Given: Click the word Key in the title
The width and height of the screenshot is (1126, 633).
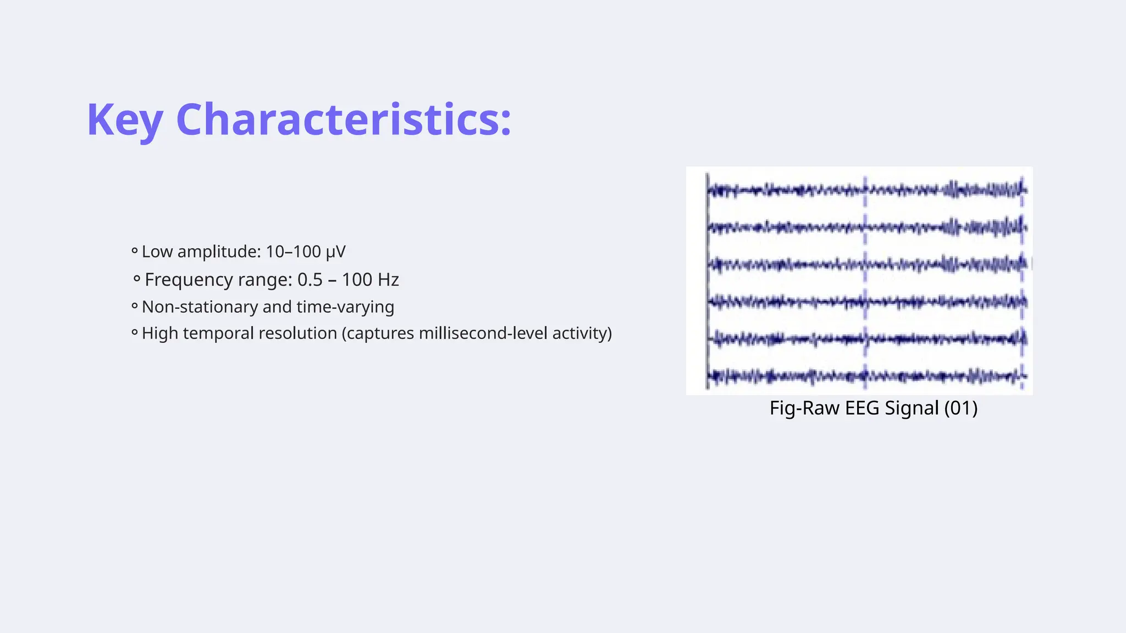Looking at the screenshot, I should (x=125, y=120).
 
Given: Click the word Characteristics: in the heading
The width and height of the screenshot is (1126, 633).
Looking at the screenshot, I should (x=344, y=120).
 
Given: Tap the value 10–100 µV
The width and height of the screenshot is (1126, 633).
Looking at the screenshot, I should (x=306, y=252).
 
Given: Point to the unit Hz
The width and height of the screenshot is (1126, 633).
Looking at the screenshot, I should (x=388, y=280).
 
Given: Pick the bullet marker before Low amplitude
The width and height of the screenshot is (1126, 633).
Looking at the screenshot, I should (x=134, y=252).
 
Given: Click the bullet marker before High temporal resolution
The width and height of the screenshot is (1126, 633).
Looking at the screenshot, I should (x=134, y=333).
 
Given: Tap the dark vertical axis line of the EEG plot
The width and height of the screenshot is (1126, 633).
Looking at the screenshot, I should (x=708, y=280).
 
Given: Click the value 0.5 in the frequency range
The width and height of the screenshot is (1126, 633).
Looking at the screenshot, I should (x=310, y=280).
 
